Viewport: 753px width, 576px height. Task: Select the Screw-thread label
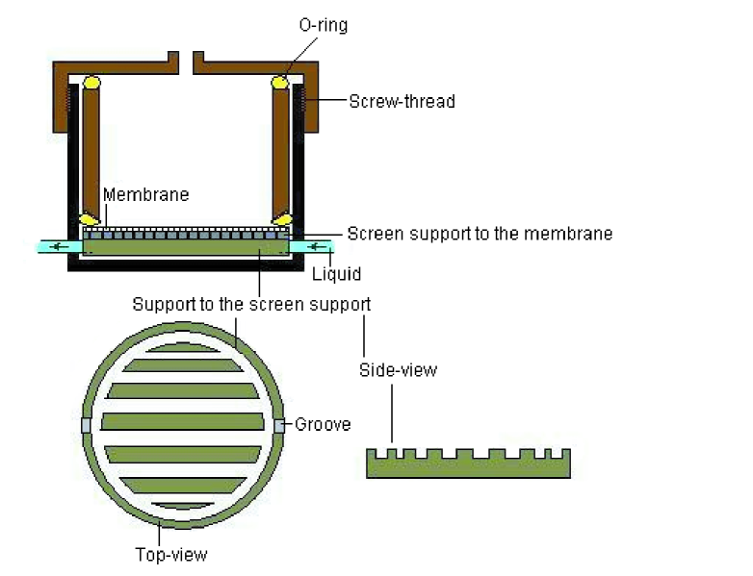[x=402, y=101]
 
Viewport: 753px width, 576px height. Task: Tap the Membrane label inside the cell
[x=145, y=194]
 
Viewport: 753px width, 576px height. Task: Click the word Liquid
[x=337, y=274]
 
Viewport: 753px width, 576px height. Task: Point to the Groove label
[x=324, y=424]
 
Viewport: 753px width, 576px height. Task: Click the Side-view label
[x=398, y=369]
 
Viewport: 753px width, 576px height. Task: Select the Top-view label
[x=170, y=554]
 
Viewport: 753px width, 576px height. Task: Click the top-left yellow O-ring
[x=92, y=84]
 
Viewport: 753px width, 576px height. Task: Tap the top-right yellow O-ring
[x=280, y=84]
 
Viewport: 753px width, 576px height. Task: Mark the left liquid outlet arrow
[x=62, y=247]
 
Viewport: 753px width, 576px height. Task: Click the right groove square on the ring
[x=280, y=425]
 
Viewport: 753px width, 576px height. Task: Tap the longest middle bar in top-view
[x=183, y=421]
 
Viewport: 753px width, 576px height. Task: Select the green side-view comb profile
[x=468, y=465]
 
